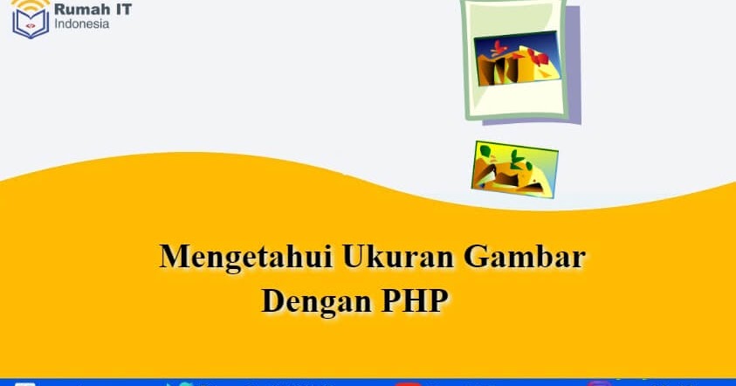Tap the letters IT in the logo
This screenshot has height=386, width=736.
coord(122,10)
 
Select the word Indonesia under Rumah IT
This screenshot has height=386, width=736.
coord(82,24)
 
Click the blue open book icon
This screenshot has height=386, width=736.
coord(30,26)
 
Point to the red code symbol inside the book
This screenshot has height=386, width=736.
coord(31,26)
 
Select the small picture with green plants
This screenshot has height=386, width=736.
coord(514,167)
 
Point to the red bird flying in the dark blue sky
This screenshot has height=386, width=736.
coord(498,45)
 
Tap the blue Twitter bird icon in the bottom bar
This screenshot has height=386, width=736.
coord(180,383)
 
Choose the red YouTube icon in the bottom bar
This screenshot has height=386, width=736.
coord(407,383)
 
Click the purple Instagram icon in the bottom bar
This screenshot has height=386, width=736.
coord(598,383)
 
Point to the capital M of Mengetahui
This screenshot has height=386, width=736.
coord(175,258)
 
